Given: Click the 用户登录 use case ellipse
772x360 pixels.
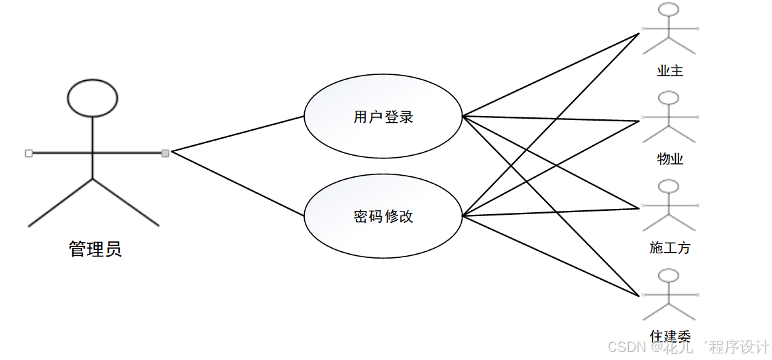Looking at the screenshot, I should click(383, 117).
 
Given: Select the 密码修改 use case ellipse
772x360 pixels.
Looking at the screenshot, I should click(383, 216).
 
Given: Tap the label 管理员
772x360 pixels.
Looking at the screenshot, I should click(95, 249).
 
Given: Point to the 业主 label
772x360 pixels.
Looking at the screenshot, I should click(670, 70).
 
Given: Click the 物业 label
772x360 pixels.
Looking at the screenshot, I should click(670, 158).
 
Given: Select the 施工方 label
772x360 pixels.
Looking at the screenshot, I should click(670, 248).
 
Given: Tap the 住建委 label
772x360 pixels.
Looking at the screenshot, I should click(670, 336).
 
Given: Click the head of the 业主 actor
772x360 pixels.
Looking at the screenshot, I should click(669, 10).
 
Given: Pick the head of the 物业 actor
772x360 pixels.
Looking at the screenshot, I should click(669, 98).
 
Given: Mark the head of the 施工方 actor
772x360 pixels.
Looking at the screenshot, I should click(669, 187).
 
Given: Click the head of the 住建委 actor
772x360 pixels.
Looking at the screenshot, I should click(669, 276).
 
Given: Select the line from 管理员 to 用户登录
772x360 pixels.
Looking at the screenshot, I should click(237, 134).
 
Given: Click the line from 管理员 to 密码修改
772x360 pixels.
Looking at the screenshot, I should click(237, 184).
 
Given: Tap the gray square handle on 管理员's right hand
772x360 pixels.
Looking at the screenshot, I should click(165, 153).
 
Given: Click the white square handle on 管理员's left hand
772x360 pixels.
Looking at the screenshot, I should click(28, 153).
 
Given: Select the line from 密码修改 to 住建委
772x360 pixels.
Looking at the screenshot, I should click(550, 255).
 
